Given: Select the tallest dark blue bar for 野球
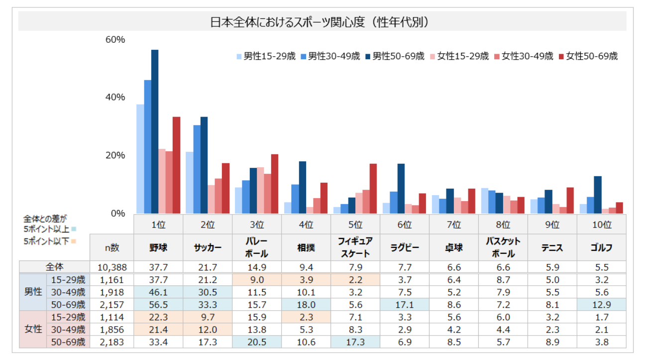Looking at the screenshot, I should pos(155,131).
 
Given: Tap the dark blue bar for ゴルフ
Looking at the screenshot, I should pos(597,195).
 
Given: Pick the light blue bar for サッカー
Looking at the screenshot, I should pos(189,182).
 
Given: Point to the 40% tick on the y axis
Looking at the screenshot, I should pos(115,97).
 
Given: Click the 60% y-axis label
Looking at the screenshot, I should pos(115,39).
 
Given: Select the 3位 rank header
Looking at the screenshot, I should pos(257,225).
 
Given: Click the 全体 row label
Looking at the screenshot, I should pos(54,267).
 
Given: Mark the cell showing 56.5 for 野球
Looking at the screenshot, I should pos(158,304).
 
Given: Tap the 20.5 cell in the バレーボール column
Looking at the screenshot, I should pos(257,342).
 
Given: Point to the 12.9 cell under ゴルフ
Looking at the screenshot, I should pos(601,304).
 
